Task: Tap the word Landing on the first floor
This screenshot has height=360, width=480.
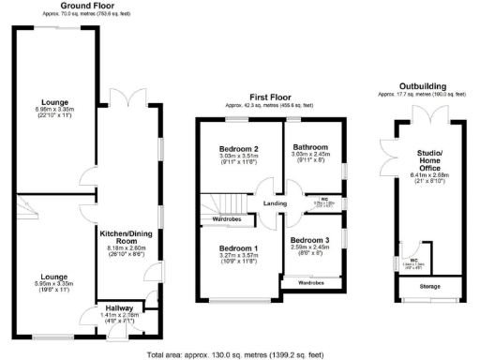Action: (x=274, y=203)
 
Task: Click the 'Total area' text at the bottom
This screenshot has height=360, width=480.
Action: (x=235, y=355)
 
